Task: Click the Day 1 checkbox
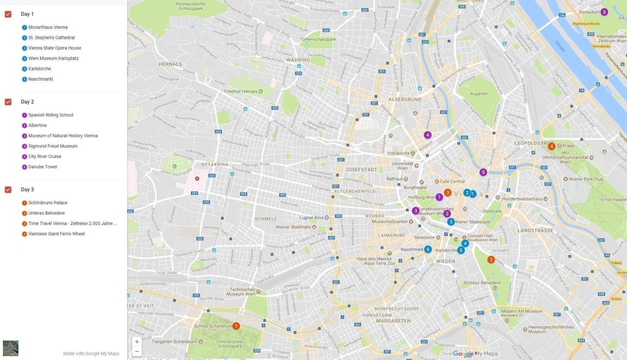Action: point(8,14)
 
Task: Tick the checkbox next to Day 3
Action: point(8,189)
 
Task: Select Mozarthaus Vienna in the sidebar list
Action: point(47,28)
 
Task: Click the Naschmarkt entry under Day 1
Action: point(41,79)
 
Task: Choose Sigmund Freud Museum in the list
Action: point(53,146)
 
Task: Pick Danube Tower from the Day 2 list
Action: point(42,167)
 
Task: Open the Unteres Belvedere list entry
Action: point(46,213)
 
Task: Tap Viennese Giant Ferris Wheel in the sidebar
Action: point(56,234)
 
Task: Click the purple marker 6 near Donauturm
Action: point(604,12)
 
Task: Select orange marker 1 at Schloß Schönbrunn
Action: point(236,326)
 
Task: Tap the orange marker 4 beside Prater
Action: point(551,146)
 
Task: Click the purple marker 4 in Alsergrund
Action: point(427,135)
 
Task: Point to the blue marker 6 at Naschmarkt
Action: point(428,249)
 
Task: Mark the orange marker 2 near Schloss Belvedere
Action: point(491,260)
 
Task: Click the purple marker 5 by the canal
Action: point(483,172)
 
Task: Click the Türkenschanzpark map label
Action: point(317,39)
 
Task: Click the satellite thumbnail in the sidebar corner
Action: point(11,348)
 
